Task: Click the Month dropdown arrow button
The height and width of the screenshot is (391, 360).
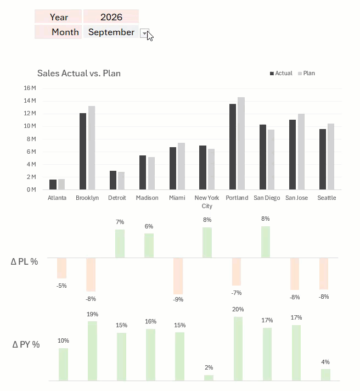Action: coord(144,33)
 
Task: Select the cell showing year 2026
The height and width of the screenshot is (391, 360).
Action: coord(111,16)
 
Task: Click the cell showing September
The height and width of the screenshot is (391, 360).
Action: coord(111,32)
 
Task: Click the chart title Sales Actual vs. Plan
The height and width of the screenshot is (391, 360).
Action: coord(79,73)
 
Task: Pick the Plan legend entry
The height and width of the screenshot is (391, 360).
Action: coord(306,74)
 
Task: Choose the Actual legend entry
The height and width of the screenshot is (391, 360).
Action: coord(281,74)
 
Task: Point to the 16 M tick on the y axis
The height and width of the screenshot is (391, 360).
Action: coord(30,88)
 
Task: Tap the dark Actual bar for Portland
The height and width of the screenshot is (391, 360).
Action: coord(233,147)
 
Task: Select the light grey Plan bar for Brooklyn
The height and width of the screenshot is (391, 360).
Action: coord(92,148)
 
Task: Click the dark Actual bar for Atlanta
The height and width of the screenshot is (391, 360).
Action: coord(53,185)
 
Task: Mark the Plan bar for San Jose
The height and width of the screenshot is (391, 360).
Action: coord(301,152)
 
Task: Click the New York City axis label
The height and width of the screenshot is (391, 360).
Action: coord(207,202)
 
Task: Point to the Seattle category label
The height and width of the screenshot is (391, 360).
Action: coord(327,198)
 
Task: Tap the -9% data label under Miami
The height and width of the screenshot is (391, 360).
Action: coord(178,299)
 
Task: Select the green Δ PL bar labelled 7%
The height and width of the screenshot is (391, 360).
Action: coord(120,244)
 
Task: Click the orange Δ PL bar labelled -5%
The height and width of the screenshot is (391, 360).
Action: coord(62,268)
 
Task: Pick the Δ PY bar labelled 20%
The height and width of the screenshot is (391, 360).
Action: coord(238,349)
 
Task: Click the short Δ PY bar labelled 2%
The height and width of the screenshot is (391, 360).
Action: coord(209,378)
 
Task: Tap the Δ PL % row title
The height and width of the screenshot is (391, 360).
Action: coord(24,261)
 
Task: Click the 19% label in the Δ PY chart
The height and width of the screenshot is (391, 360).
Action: coord(92,314)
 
